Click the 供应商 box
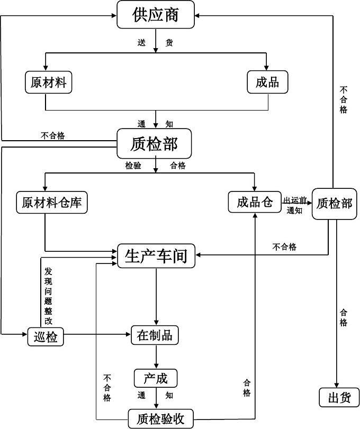point(156,15)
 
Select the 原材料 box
point(49,82)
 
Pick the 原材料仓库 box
point(52,202)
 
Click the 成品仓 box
point(254,202)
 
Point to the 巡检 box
point(46,336)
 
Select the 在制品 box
point(155,335)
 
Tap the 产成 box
point(155,378)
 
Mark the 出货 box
point(339,398)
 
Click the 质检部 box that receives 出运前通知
point(334,203)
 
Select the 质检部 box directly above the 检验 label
point(154,144)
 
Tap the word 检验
point(133,166)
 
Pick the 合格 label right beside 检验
point(177,166)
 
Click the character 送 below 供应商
point(141,43)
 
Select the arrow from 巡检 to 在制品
point(98,334)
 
